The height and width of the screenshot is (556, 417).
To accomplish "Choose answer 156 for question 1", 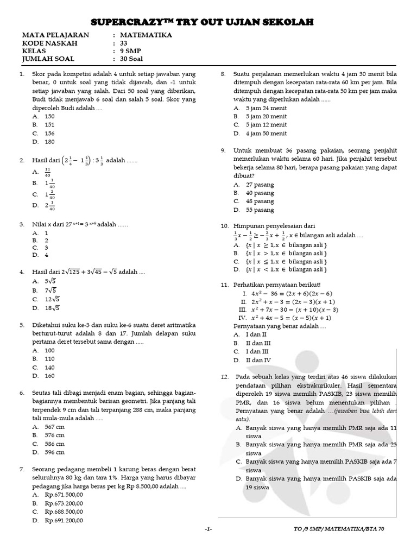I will coord(50,133).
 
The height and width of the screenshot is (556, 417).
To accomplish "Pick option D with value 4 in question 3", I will coord(47,255).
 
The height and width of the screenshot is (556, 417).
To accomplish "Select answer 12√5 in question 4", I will coord(52,299).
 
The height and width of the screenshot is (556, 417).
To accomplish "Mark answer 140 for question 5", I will coord(50,367).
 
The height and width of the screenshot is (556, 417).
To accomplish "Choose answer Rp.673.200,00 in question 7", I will coord(64,503).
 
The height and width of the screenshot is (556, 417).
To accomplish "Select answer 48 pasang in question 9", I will coord(260,201).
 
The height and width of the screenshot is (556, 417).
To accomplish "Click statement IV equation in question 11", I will coord(291,318).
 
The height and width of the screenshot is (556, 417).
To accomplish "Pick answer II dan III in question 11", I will coord(258,343).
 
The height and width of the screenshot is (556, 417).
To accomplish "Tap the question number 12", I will coord(224,376).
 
